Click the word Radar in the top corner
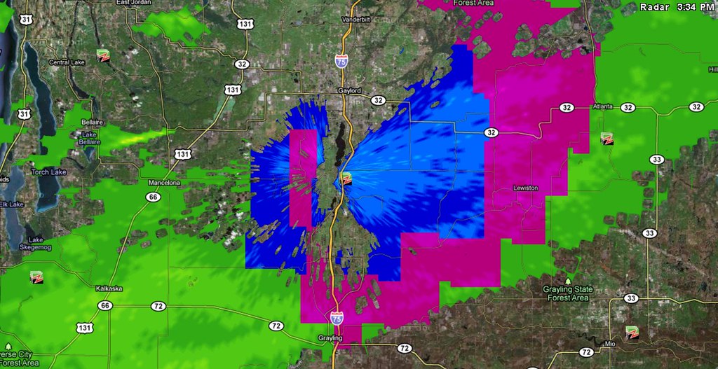point(655,7)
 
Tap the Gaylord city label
point(349,91)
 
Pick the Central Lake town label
point(67,62)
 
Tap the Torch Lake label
point(48,172)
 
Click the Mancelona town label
point(165,183)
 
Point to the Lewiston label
point(525,188)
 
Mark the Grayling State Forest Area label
point(568,293)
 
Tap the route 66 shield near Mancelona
point(153,197)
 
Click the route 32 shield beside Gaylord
point(379,100)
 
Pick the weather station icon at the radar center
point(346,179)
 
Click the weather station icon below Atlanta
point(607,139)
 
